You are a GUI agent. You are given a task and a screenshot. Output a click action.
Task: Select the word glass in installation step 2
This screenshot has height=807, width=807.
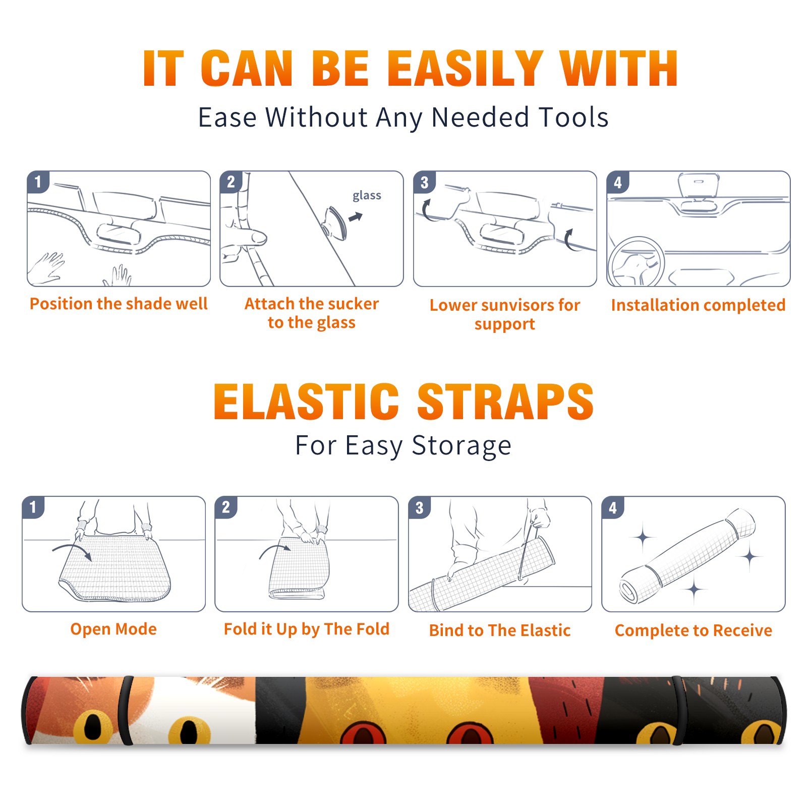click(367, 196)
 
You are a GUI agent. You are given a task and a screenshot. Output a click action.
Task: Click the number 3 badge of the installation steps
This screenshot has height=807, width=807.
click(425, 182)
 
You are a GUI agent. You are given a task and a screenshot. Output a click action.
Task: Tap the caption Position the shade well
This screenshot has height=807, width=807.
click(119, 304)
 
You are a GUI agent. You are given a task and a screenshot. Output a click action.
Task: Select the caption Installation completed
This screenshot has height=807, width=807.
click(698, 305)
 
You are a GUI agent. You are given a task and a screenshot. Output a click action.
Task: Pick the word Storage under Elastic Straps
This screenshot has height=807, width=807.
click(462, 446)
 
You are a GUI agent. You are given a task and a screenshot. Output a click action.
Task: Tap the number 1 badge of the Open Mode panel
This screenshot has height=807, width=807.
click(33, 507)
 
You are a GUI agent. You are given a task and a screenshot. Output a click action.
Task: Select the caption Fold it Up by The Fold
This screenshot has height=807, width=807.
click(307, 629)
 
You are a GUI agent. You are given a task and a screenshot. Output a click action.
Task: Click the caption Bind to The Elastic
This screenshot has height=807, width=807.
click(500, 630)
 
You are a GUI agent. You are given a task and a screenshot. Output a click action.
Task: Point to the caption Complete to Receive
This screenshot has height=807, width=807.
click(694, 630)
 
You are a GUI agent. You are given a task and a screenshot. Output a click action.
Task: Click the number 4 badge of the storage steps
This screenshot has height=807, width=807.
click(613, 507)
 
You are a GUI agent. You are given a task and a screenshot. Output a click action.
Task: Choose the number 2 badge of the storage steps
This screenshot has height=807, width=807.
click(226, 507)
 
